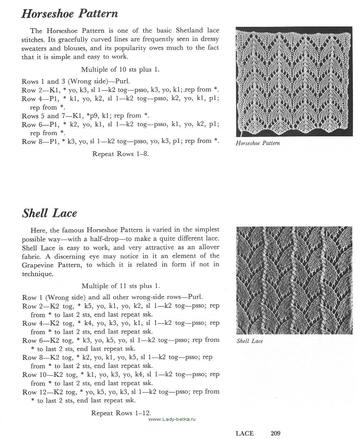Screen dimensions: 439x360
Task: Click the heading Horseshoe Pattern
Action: pyautogui.click(x=70, y=14)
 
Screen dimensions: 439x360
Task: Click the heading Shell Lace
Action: pyautogui.click(x=50, y=213)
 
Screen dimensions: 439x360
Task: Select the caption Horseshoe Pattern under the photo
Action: pyautogui.click(x=257, y=143)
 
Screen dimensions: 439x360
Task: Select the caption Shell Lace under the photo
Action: pyautogui.click(x=250, y=341)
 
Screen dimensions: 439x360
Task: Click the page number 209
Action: pyautogui.click(x=275, y=433)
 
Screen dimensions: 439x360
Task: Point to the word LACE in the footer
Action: pyautogui.click(x=244, y=433)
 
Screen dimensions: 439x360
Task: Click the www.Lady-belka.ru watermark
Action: pyautogui.click(x=172, y=419)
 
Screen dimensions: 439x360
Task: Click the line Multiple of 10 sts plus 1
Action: pyautogui.click(x=120, y=70)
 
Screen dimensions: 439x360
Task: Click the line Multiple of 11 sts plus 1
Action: pyautogui.click(x=121, y=286)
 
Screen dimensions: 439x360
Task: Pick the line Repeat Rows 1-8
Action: pyautogui.click(x=120, y=154)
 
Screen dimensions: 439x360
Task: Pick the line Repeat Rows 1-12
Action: pyautogui.click(x=121, y=413)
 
